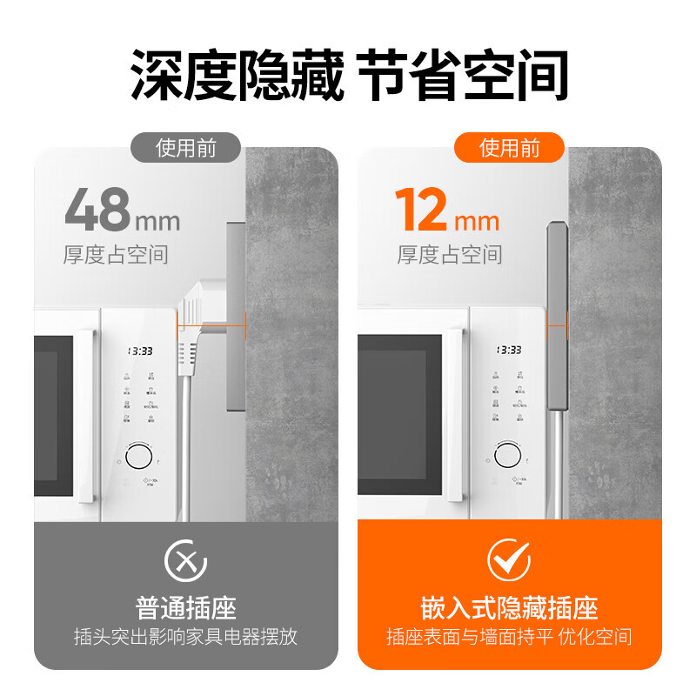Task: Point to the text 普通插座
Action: pos(185,607)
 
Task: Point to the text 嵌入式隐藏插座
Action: pos(509,607)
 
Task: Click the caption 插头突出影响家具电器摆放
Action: pos(185,637)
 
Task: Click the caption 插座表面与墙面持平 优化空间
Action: pos(509,637)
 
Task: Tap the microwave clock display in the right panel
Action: pos(509,350)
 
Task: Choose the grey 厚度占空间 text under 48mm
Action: pos(116,255)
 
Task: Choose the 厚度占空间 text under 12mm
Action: pos(450,255)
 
